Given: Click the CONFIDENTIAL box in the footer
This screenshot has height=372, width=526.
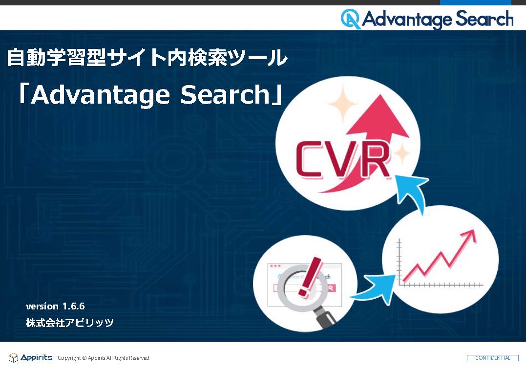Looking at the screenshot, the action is click(492, 358).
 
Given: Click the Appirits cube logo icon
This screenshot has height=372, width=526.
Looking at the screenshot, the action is click(13, 358).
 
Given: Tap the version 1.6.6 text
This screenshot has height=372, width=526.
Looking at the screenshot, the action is click(55, 306).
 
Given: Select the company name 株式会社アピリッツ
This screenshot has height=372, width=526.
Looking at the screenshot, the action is click(70, 323).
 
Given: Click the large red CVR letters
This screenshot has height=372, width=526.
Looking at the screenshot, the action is click(343, 159).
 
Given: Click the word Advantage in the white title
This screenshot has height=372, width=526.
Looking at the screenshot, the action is click(101, 95).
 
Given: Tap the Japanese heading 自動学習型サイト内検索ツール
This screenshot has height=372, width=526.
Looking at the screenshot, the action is click(147, 58).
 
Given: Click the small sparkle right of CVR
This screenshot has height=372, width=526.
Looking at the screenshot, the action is click(402, 153).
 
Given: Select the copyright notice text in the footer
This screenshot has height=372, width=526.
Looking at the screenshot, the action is click(104, 358).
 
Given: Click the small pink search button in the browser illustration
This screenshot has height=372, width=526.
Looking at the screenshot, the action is click(331, 288).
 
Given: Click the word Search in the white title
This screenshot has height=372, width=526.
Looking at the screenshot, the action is click(225, 94).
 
